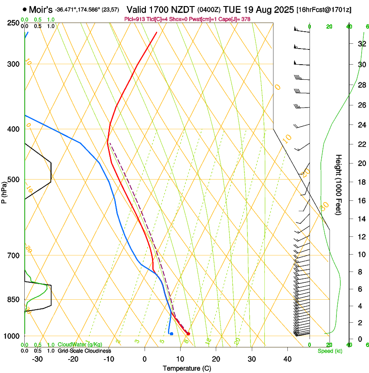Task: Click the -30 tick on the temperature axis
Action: click(38, 359)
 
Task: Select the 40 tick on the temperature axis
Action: click(287, 359)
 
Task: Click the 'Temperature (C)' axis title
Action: click(187, 368)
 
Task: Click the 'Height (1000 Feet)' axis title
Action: click(339, 184)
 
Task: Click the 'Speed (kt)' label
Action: click(329, 351)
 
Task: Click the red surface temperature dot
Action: click(188, 334)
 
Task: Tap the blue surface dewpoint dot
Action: click(172, 334)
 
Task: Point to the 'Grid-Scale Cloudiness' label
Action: click(84, 350)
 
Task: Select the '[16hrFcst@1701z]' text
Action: click(324, 9)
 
